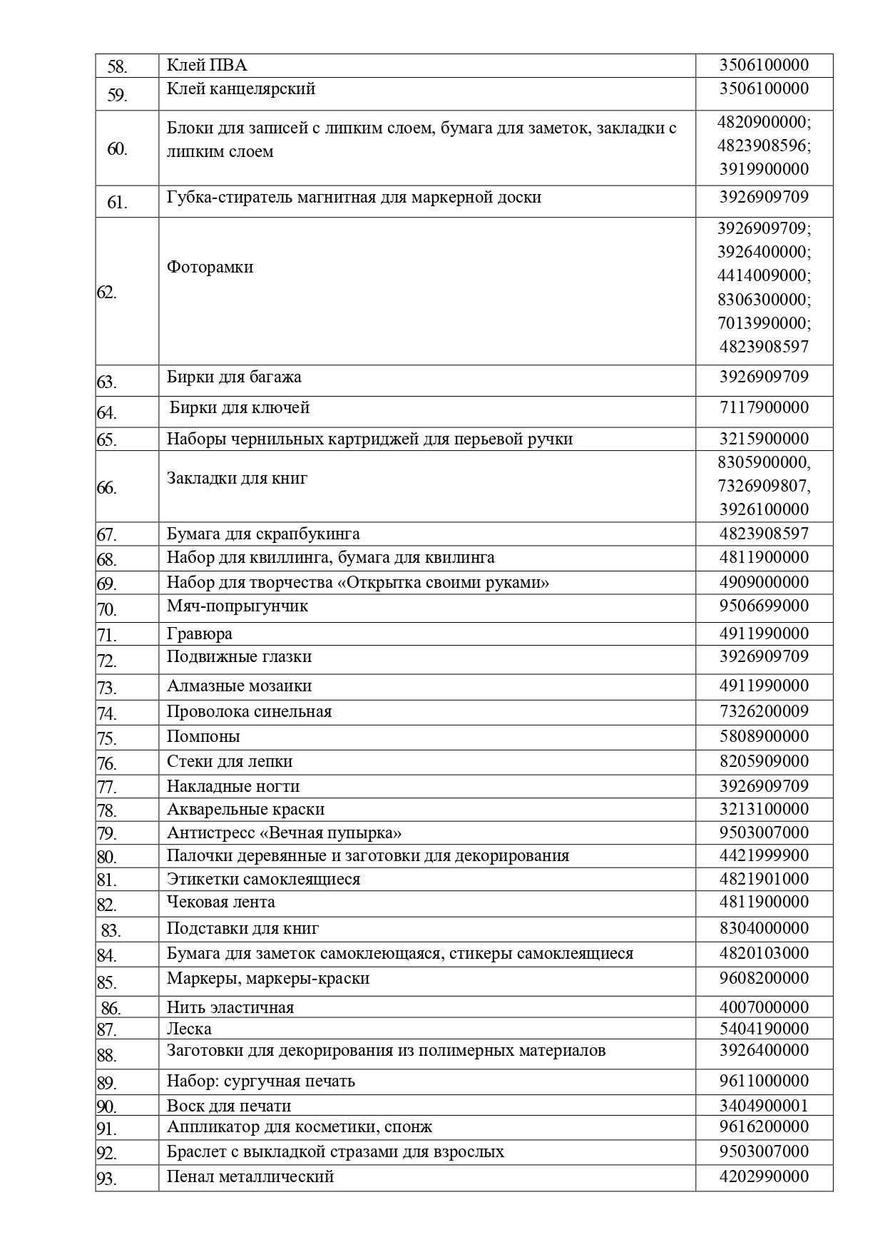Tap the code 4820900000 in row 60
764,122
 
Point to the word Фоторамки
210,268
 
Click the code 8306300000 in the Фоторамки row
764,300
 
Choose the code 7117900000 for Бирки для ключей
764,408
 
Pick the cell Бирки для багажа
234,377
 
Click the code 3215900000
764,439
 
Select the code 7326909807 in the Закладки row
764,487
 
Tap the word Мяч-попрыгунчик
237,606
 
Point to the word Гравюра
200,634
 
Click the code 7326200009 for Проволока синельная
764,711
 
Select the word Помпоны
203,736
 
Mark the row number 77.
106,788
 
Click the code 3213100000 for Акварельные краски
764,810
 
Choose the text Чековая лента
221,902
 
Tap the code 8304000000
764,929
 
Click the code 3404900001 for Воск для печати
764,1106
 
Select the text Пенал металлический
250,1177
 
